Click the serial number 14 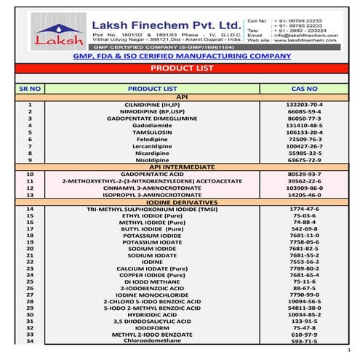(x=30, y=209)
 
